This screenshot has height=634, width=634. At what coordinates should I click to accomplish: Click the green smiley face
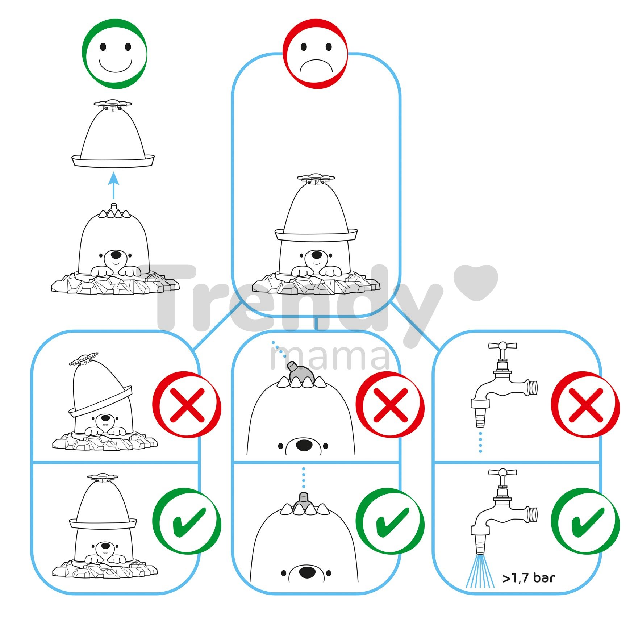coord(114,54)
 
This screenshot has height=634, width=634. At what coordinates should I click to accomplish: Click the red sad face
coord(315,54)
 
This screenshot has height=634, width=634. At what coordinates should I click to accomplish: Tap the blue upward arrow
coord(114,185)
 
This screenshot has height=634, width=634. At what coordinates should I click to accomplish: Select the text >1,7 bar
coord(529,578)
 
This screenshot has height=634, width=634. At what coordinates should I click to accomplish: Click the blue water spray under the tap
coord(480,572)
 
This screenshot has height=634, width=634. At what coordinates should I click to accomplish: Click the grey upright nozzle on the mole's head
coord(304,500)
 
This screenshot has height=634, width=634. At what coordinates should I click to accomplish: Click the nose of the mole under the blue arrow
coord(116,254)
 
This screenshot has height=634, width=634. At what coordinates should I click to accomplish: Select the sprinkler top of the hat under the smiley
coord(113,104)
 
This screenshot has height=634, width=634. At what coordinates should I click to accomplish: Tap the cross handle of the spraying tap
coord(502,472)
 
